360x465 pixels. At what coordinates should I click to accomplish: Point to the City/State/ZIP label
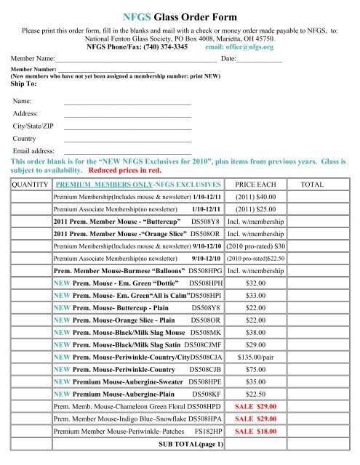click(33, 126)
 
